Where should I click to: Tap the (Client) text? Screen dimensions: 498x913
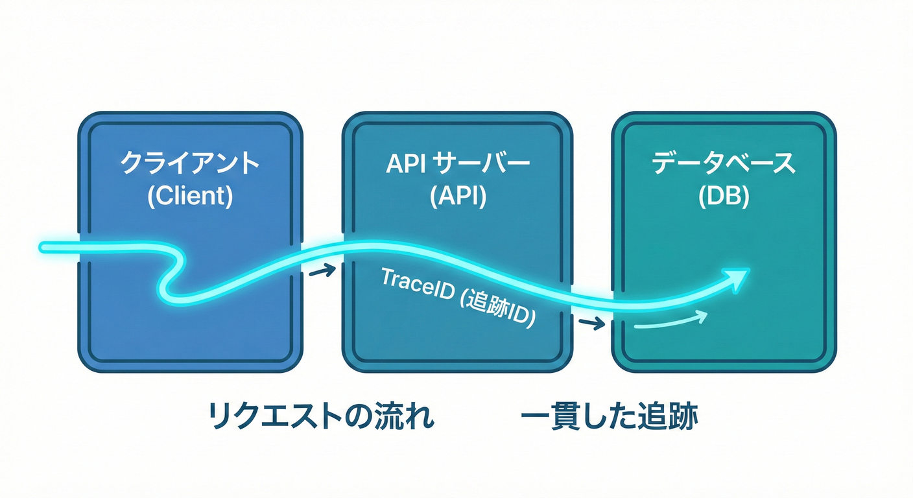point(189,195)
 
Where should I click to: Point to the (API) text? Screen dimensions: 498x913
point(457,195)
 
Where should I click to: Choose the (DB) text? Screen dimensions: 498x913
point(724,195)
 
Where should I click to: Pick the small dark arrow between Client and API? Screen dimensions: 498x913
point(322,270)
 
